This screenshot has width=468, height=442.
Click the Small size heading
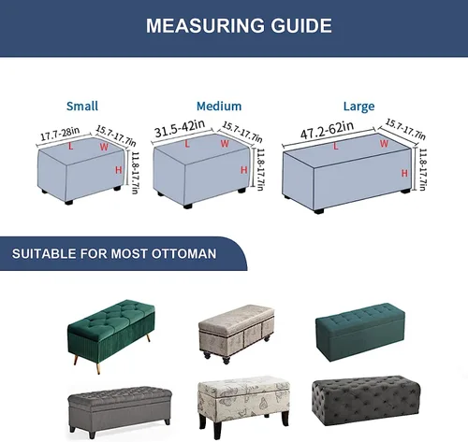click(82, 107)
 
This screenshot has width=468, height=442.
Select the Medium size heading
click(219, 107)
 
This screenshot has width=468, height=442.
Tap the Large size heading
click(358, 107)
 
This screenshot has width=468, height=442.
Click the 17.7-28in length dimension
click(60, 134)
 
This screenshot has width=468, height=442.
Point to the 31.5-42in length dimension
click(180, 128)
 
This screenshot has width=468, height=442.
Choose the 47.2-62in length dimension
click(327, 130)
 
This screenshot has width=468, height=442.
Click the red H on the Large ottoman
click(404, 173)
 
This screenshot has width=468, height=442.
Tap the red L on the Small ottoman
click(71, 146)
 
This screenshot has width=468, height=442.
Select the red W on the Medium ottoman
click(225, 144)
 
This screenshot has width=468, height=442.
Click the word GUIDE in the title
click(301, 25)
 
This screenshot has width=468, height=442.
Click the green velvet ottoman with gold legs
click(110, 335)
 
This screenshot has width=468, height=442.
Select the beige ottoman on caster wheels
click(237, 334)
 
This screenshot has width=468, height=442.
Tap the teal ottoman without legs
click(360, 332)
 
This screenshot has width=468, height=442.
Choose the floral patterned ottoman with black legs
click(243, 406)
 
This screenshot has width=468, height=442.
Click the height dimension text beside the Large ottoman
click(422, 169)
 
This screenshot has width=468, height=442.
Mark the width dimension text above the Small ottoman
click(116, 135)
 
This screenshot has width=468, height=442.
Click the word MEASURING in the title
click(205, 25)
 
